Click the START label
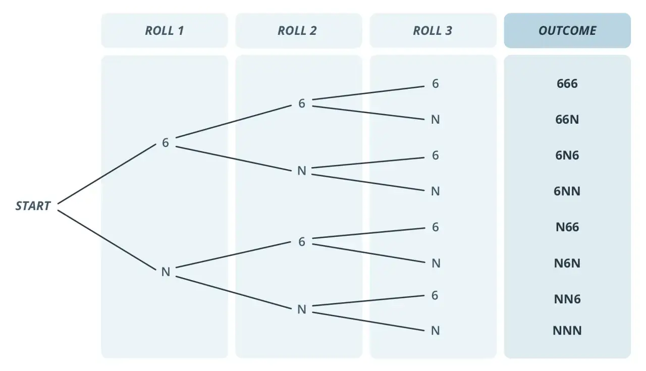(x=33, y=206)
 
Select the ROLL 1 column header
(x=165, y=31)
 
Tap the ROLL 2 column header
(x=297, y=31)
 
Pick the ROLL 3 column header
(x=433, y=31)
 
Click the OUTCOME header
(x=567, y=31)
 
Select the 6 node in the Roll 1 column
(x=165, y=142)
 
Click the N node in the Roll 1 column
(x=166, y=272)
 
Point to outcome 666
(x=567, y=84)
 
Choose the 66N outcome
(x=567, y=120)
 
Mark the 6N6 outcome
(x=567, y=155)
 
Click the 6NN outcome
(x=567, y=191)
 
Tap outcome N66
(x=567, y=227)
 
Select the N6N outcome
(x=567, y=263)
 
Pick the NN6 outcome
(x=567, y=299)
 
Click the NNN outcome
(x=567, y=331)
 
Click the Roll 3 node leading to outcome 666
(x=436, y=84)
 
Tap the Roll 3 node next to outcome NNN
(x=436, y=331)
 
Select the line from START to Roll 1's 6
(x=106, y=174)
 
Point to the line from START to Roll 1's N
(x=106, y=240)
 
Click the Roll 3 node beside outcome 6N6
(x=436, y=155)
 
